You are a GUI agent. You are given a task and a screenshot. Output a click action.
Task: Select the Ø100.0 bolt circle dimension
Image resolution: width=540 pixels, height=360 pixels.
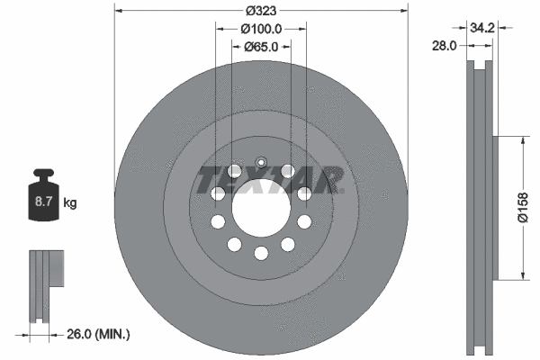261,29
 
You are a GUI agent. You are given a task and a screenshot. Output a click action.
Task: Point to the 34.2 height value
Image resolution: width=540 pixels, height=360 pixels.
482,28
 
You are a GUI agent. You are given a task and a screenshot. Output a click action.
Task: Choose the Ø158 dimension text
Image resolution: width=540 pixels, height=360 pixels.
522,208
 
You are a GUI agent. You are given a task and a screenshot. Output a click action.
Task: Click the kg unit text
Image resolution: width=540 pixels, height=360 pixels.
70,203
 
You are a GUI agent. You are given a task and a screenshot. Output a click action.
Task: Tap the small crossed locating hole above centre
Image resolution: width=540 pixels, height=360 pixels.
260,163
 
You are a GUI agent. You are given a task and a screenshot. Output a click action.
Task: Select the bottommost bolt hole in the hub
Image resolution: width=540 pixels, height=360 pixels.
260,253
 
